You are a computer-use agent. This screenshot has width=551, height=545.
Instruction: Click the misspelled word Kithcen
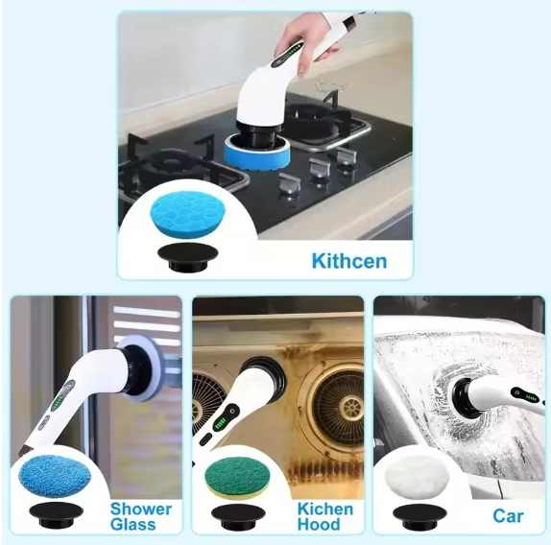[348, 261]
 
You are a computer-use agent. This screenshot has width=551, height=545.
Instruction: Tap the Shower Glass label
[140, 517]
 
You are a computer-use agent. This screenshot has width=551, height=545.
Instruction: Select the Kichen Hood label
[324, 517]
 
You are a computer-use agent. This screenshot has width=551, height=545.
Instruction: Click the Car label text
[508, 516]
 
